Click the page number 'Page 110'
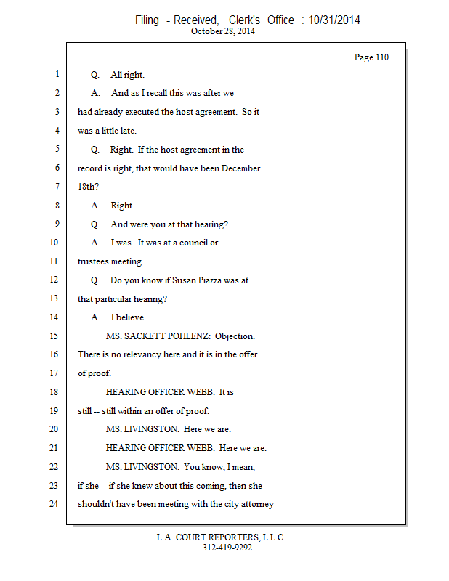(x=371, y=57)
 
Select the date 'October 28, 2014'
(x=223, y=31)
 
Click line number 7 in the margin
(x=56, y=187)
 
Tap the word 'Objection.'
(x=235, y=336)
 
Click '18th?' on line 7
(x=89, y=187)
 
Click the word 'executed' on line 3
(x=164, y=112)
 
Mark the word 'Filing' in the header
(x=147, y=20)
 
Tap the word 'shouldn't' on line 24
(x=97, y=504)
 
